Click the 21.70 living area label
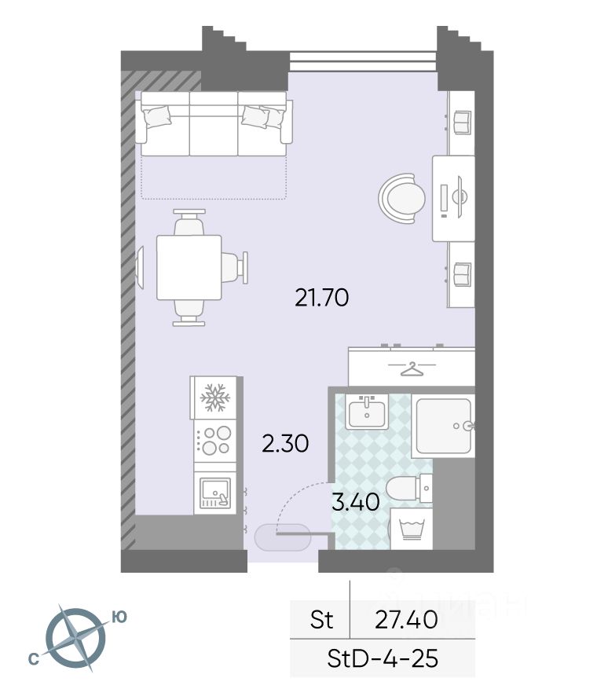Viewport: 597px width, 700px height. pyautogui.click(x=321, y=298)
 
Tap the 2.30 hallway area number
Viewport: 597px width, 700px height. pyautogui.click(x=285, y=444)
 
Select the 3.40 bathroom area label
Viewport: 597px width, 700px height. pyautogui.click(x=356, y=502)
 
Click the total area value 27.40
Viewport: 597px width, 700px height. pyautogui.click(x=406, y=620)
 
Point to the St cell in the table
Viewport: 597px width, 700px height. pyautogui.click(x=321, y=620)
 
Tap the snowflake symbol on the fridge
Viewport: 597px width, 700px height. pyautogui.click(x=214, y=398)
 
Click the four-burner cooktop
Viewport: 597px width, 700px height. pyautogui.click(x=215, y=440)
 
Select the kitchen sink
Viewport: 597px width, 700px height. pyautogui.click(x=215, y=493)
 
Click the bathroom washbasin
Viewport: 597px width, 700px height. pyautogui.click(x=367, y=412)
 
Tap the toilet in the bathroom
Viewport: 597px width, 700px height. pyautogui.click(x=409, y=489)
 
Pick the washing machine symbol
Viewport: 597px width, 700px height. pyautogui.click(x=412, y=529)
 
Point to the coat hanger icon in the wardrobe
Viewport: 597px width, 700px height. pyautogui.click(x=412, y=368)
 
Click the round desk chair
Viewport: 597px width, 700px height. pyautogui.click(x=402, y=198)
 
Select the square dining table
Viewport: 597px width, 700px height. pyautogui.click(x=189, y=267)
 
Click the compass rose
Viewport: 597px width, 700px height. pyautogui.click(x=77, y=637)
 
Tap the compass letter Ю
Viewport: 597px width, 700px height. pyautogui.click(x=119, y=617)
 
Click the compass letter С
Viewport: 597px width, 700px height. pyautogui.click(x=34, y=659)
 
